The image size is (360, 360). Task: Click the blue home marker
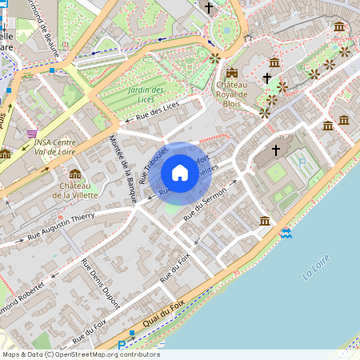tap(180, 173)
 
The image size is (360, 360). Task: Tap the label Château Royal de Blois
tap(231, 94)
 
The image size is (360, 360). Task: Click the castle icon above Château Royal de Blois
tap(232, 73)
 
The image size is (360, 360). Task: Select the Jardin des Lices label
tap(146, 94)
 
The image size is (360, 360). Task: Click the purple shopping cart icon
tap(32, 134)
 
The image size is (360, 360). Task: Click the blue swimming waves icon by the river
tap(286, 233)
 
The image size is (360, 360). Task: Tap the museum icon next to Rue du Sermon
tap(265, 221)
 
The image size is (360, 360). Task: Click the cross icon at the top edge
tap(210, 8)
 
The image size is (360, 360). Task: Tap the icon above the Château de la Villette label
tap(74, 174)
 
